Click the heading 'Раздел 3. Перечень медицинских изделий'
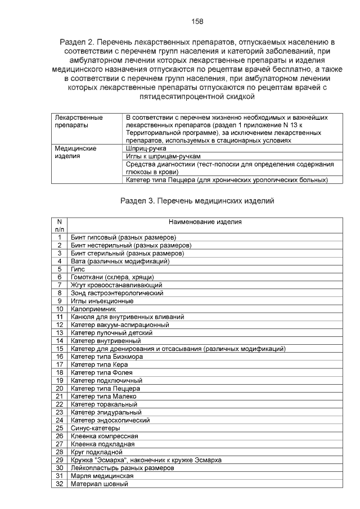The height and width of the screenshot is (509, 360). [x=197, y=201]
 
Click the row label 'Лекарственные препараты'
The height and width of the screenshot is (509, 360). [x=79, y=121]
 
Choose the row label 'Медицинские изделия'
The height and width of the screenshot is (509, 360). [x=75, y=152]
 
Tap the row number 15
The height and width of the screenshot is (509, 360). [x=59, y=349]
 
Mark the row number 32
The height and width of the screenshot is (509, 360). [x=59, y=484]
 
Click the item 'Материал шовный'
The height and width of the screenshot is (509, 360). [x=100, y=484]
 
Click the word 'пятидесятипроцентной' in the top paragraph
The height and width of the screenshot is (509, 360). [x=179, y=96]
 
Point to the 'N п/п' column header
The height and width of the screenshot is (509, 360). [x=59, y=226]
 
